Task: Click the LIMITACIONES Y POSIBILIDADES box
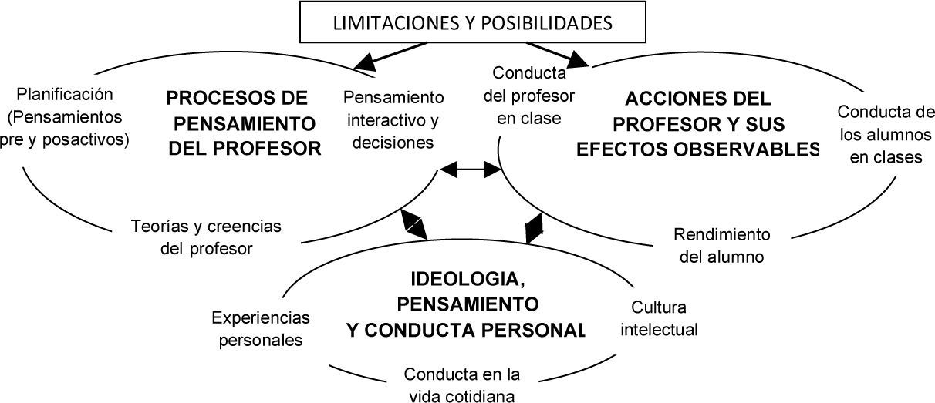(x=472, y=22)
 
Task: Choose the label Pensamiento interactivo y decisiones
(x=393, y=119)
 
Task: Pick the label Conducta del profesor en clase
(x=528, y=96)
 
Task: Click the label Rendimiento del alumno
(x=721, y=245)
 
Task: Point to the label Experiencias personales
(x=260, y=328)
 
